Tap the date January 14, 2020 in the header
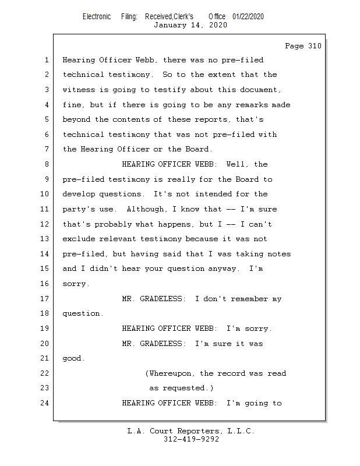[x=190, y=25]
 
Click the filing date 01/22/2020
[x=248, y=16]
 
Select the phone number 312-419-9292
[x=191, y=439]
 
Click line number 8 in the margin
[x=46, y=164]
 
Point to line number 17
[x=46, y=299]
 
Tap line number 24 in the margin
[x=46, y=403]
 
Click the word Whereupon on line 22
[x=172, y=373]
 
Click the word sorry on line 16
[x=75, y=284]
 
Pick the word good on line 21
[x=72, y=359]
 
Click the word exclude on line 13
[x=79, y=239]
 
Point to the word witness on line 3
[x=79, y=90]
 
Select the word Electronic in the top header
[x=97, y=16]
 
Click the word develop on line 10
[x=79, y=194]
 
